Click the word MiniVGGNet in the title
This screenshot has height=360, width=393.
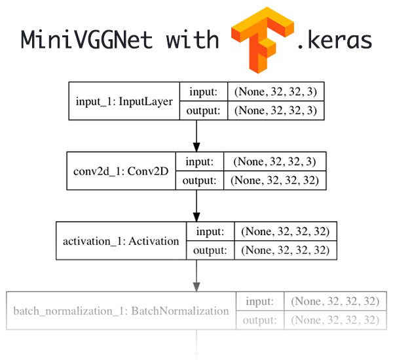tap(86, 39)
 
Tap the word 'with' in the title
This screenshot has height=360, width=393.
tap(193, 39)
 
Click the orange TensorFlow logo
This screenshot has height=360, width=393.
tap(263, 40)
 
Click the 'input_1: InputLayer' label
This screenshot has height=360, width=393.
tap(124, 101)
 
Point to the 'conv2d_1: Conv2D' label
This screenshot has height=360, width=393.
tap(121, 171)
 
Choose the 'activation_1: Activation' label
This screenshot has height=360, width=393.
tap(121, 242)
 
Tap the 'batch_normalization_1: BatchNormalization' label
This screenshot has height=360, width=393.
tap(121, 311)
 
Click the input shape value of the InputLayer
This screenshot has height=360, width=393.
tap(276, 92)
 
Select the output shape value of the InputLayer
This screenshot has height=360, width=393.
tap(276, 111)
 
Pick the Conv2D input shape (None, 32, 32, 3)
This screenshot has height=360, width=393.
tap(274, 162)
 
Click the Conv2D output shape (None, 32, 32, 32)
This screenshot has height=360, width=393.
tap(274, 181)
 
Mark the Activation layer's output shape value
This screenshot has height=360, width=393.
tap(286, 250)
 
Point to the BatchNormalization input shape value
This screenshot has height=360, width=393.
tap(335, 301)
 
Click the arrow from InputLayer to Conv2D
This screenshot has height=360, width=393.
tap(196, 135)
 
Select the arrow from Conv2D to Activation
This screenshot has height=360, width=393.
tap(196, 206)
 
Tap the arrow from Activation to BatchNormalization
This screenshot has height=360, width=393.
tap(196, 276)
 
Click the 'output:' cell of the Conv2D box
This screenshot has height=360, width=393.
tap(200, 181)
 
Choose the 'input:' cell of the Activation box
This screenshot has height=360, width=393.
tap(210, 232)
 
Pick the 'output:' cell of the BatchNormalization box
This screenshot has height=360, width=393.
tap(260, 321)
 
